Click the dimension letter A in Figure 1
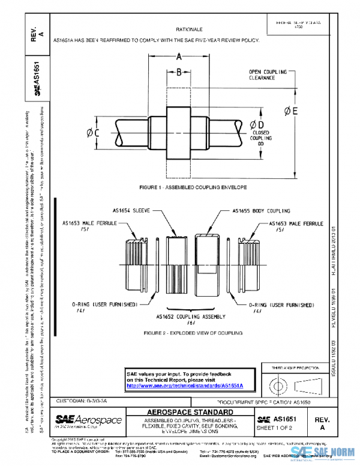[178, 58]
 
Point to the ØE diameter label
[291, 110]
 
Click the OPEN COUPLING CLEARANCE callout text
[268, 75]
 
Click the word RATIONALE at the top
[188, 29]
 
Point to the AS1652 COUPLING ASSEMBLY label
[191, 316]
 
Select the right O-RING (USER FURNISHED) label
[281, 305]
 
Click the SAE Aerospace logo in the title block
[88, 420]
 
